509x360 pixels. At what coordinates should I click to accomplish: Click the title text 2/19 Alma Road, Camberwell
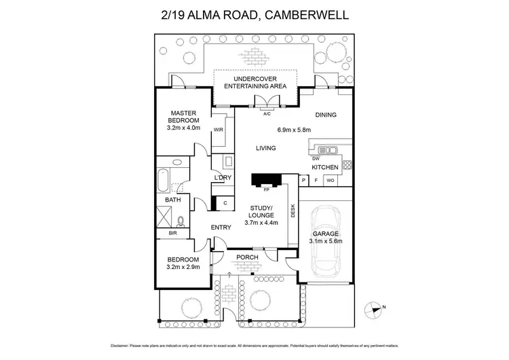point(254,14)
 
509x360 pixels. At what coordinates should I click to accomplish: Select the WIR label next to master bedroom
point(219,129)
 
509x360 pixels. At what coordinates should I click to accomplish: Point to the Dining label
point(326,115)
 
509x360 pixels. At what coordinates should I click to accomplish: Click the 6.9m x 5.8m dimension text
point(293,130)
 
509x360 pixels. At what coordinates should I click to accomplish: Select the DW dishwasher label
point(316,158)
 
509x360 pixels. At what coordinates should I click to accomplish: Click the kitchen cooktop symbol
point(347,164)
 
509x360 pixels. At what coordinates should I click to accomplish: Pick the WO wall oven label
point(330,181)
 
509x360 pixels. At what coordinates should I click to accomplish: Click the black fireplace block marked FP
point(265,179)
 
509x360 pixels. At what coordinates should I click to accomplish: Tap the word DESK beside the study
point(293,212)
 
